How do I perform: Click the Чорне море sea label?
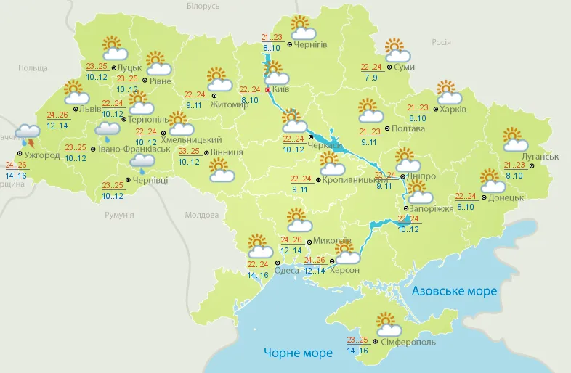pyautogui.click(x=298, y=353)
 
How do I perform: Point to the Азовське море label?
pyautogui.click(x=455, y=291)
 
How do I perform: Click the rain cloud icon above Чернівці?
pyautogui.click(x=140, y=161)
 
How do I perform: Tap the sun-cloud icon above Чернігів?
pyautogui.click(x=302, y=28)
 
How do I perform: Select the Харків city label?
pyautogui.click(x=453, y=110)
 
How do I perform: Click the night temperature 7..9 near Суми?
pyautogui.click(x=370, y=77)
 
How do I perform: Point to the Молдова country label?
pyautogui.click(x=202, y=216)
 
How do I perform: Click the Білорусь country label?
pyautogui.click(x=203, y=6)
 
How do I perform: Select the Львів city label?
pyautogui.click(x=91, y=110)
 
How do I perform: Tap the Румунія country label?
pyautogui.click(x=119, y=216)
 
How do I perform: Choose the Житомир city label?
pyautogui.click(x=230, y=104)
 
